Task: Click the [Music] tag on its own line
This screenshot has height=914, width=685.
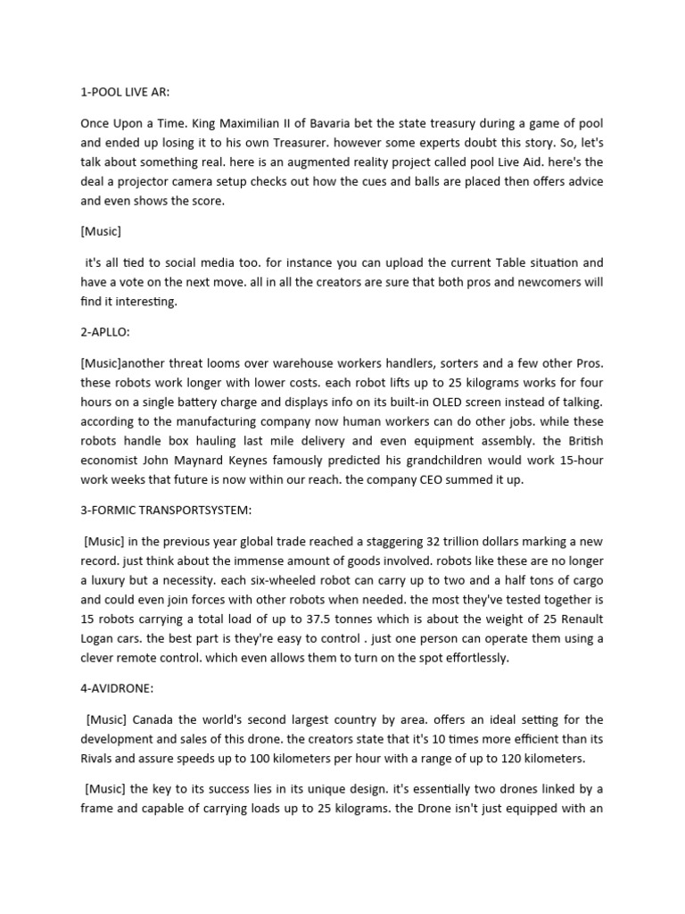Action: [101, 231]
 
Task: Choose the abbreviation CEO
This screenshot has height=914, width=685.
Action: [455, 480]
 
